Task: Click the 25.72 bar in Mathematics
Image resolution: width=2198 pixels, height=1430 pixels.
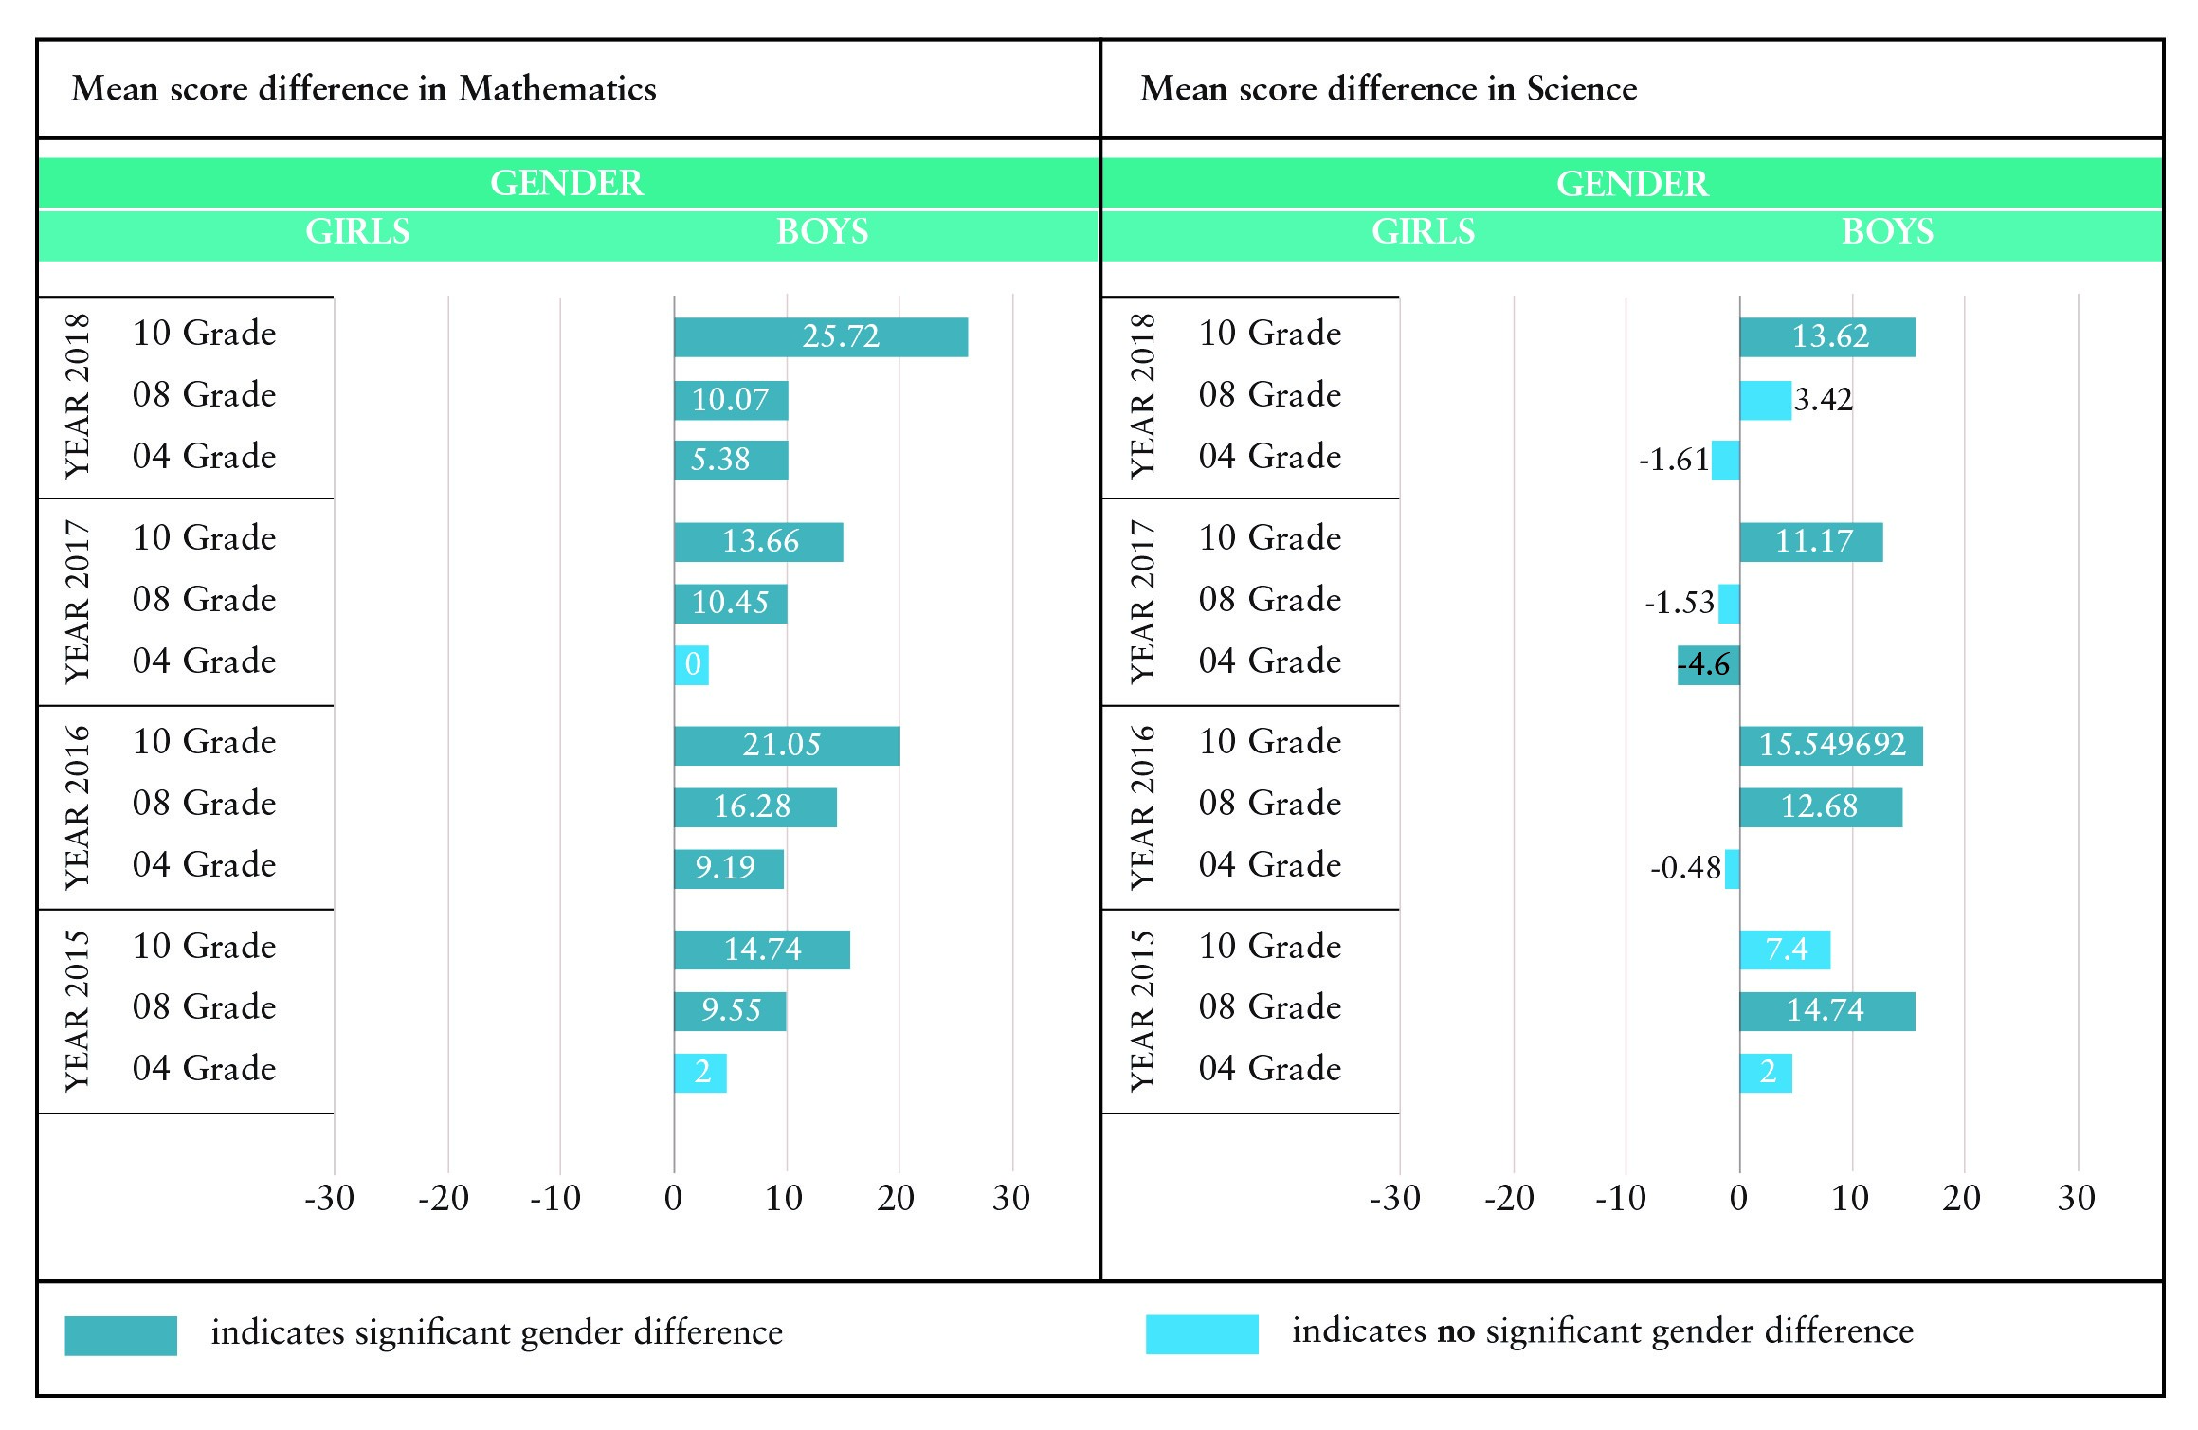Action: click(x=821, y=337)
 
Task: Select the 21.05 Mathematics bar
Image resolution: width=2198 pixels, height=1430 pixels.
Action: click(x=787, y=746)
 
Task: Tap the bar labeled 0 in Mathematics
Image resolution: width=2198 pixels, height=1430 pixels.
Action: click(x=692, y=665)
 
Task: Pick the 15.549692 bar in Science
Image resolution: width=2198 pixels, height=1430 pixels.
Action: click(x=1831, y=746)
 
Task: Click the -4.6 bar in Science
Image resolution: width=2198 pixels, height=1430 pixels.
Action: click(x=1708, y=665)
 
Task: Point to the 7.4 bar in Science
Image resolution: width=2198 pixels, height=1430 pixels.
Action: click(x=1785, y=950)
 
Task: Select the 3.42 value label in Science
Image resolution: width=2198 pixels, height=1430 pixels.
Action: click(x=1824, y=400)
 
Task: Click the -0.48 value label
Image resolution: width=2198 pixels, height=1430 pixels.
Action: click(x=1685, y=868)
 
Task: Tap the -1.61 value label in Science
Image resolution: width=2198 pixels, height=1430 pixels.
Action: click(x=1674, y=461)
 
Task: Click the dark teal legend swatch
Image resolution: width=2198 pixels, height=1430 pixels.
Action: click(x=120, y=1335)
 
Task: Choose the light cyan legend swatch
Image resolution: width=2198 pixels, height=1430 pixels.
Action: click(x=1202, y=1334)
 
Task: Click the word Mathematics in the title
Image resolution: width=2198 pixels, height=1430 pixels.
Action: click(x=557, y=89)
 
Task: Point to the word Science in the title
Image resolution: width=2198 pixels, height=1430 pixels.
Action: click(x=1582, y=89)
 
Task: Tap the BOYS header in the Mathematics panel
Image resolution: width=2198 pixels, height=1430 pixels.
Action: click(x=823, y=232)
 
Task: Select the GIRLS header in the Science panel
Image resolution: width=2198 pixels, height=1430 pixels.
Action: click(x=1424, y=232)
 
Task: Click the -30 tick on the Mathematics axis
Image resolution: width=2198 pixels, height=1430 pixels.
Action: click(x=330, y=1199)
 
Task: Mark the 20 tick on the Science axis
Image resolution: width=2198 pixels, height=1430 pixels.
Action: click(x=1962, y=1199)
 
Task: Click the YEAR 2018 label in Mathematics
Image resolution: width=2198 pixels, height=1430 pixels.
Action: click(x=78, y=396)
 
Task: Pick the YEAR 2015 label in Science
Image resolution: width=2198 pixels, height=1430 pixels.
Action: click(x=1144, y=1010)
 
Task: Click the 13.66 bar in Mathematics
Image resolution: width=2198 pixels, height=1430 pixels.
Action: click(x=758, y=542)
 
